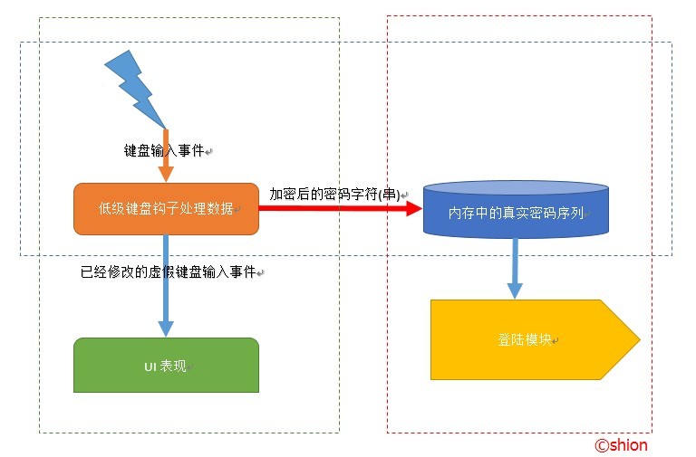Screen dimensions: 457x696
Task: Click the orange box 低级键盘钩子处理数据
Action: coord(166,209)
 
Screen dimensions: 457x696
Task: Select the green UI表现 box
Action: coord(166,365)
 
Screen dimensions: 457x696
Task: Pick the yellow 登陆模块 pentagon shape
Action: coord(526,339)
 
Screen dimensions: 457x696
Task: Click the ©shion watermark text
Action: coord(621,444)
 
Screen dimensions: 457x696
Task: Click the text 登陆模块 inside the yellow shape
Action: coord(525,339)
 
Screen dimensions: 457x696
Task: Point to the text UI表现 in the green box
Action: coord(165,366)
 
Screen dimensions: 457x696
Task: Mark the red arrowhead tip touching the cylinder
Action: coord(420,208)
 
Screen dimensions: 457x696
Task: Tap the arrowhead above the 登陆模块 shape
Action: coord(515,291)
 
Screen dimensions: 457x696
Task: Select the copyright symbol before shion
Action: coord(601,444)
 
